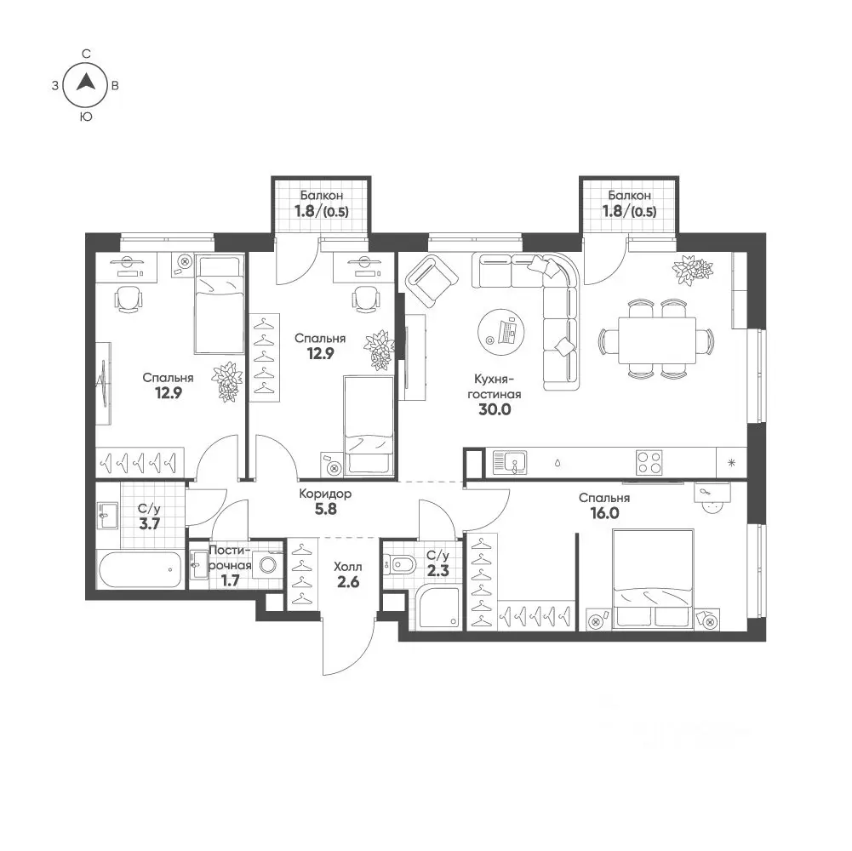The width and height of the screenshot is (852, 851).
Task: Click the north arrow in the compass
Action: click(85, 82)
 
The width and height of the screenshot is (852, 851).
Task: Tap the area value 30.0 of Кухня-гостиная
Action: click(495, 409)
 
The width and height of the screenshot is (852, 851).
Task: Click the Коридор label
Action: click(325, 494)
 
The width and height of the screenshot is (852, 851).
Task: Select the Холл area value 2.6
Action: click(348, 582)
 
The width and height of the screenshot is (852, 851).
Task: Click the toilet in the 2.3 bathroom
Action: click(399, 565)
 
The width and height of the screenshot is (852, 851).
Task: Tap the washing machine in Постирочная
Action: click(268, 564)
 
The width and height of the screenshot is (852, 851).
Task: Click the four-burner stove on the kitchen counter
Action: click(649, 463)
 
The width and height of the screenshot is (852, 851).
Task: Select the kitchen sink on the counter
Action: click(509, 463)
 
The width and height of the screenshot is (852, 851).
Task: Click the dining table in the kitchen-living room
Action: click(657, 340)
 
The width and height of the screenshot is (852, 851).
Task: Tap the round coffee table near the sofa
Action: click(501, 332)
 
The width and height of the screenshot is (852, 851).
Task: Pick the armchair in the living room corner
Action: click(432, 282)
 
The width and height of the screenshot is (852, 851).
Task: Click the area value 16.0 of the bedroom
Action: click(604, 513)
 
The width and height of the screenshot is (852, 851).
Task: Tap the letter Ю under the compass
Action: click(86, 117)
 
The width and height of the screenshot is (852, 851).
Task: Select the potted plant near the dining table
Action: click(692, 269)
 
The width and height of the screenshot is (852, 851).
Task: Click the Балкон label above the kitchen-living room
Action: click(629, 195)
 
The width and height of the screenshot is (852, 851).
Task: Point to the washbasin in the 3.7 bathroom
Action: click(107, 515)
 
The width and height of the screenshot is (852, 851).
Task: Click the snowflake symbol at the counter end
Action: click(731, 463)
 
